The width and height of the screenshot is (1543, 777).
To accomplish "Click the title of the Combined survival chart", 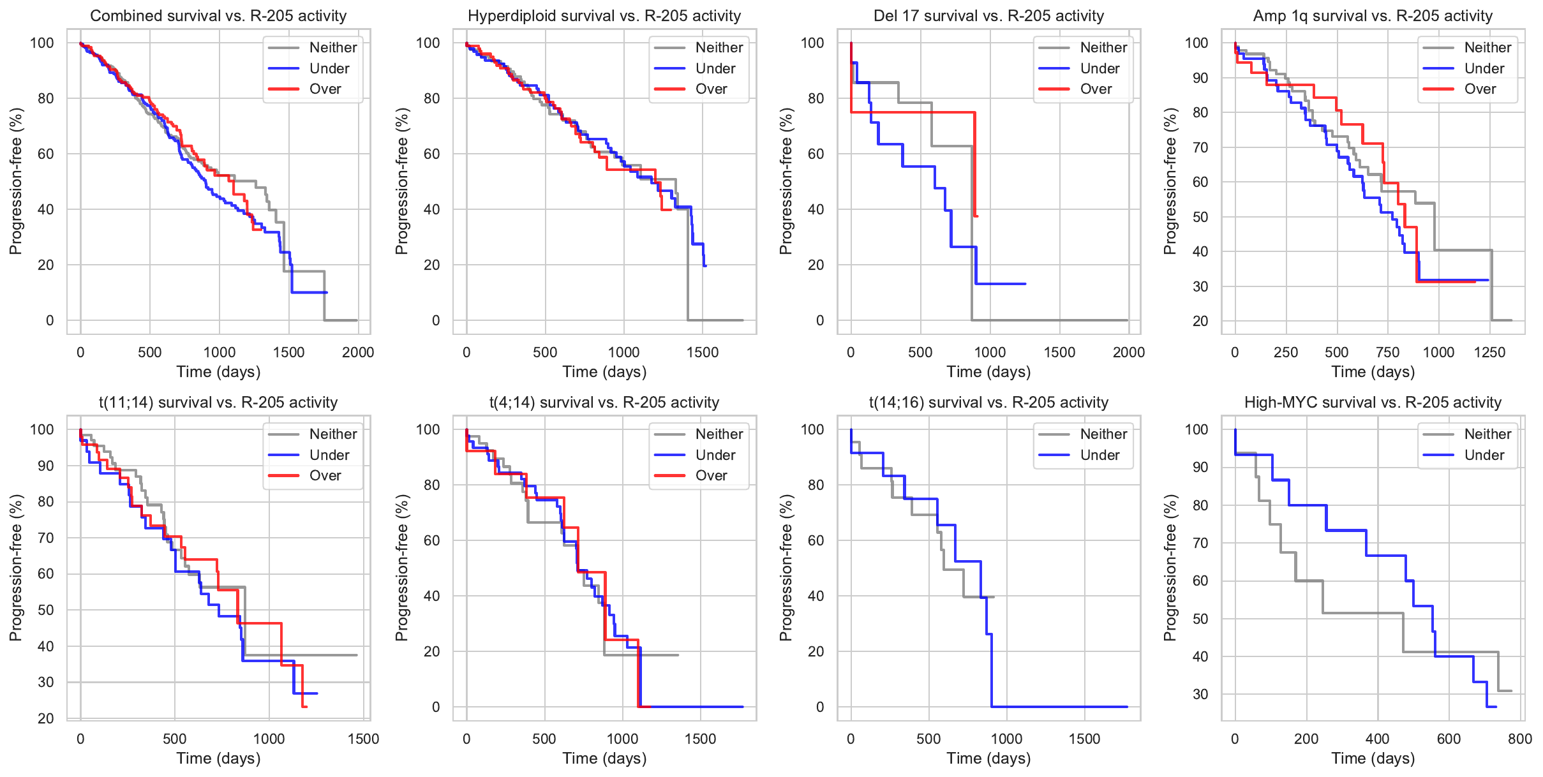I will (218, 16).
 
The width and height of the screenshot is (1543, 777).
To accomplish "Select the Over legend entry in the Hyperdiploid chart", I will (711, 89).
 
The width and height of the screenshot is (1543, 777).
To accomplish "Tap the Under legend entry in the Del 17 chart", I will (1099, 69).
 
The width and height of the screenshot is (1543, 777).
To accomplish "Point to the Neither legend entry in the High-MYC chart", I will (1487, 434).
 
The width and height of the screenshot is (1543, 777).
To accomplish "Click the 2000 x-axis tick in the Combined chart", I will (358, 352).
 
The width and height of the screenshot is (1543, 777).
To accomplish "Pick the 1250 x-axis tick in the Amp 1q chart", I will (1489, 352).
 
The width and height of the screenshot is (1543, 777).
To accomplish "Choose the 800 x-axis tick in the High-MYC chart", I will (1520, 739).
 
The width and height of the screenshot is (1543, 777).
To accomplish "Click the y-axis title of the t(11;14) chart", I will (16, 568).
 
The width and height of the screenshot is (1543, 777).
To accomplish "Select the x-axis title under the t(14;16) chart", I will (988, 759).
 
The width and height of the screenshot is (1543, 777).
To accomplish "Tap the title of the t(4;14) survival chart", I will (604, 403).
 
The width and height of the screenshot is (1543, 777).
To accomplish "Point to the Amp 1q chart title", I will (1373, 16).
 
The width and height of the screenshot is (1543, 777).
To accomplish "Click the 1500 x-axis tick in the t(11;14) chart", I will (363, 739).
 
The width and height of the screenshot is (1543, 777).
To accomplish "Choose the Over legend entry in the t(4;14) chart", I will (711, 476).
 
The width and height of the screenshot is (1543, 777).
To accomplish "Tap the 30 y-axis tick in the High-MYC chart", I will (1200, 694).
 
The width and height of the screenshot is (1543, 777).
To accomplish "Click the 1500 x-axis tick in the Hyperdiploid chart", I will (703, 352).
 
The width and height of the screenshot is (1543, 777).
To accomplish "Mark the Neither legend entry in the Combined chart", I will (333, 48).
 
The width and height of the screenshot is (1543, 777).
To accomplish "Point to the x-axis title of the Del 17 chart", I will (988, 372).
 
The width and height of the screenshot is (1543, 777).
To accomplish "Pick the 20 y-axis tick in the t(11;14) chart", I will (46, 718).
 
